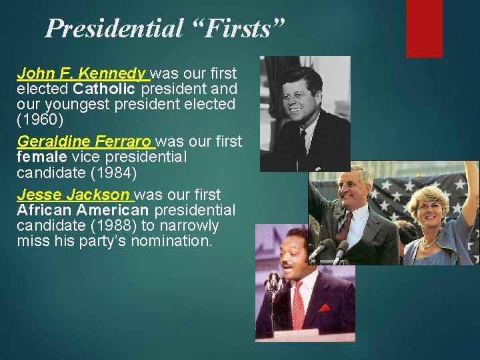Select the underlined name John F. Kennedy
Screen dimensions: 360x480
coord(81,73)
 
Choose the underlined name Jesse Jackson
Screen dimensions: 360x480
coord(73,195)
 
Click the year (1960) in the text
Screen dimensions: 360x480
coord(40,119)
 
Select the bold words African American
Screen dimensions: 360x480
coord(83,210)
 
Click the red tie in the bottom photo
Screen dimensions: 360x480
coord(298,304)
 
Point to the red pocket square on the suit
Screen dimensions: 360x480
coord(324,308)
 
